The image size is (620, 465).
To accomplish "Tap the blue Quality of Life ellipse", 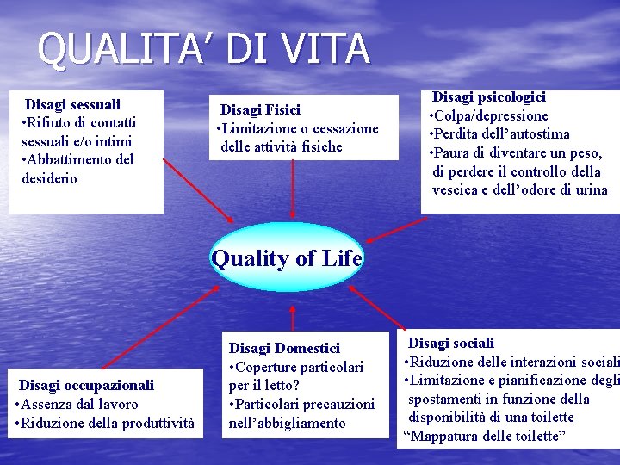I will (287, 257).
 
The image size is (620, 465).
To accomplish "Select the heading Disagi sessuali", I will (72, 104).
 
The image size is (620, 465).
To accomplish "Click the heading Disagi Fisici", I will (260, 109).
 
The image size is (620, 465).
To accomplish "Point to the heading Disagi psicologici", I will (488, 97).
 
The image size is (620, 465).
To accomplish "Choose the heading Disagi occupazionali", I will (86, 385).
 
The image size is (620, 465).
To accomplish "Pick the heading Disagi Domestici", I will (284, 348).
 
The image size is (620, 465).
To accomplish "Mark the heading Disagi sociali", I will (450, 343).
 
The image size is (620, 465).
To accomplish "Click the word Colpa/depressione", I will (493, 115).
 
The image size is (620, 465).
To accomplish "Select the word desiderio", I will (49, 178).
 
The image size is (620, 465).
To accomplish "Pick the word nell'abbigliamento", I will (287, 423).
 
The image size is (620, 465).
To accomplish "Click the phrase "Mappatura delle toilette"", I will (484, 436).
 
